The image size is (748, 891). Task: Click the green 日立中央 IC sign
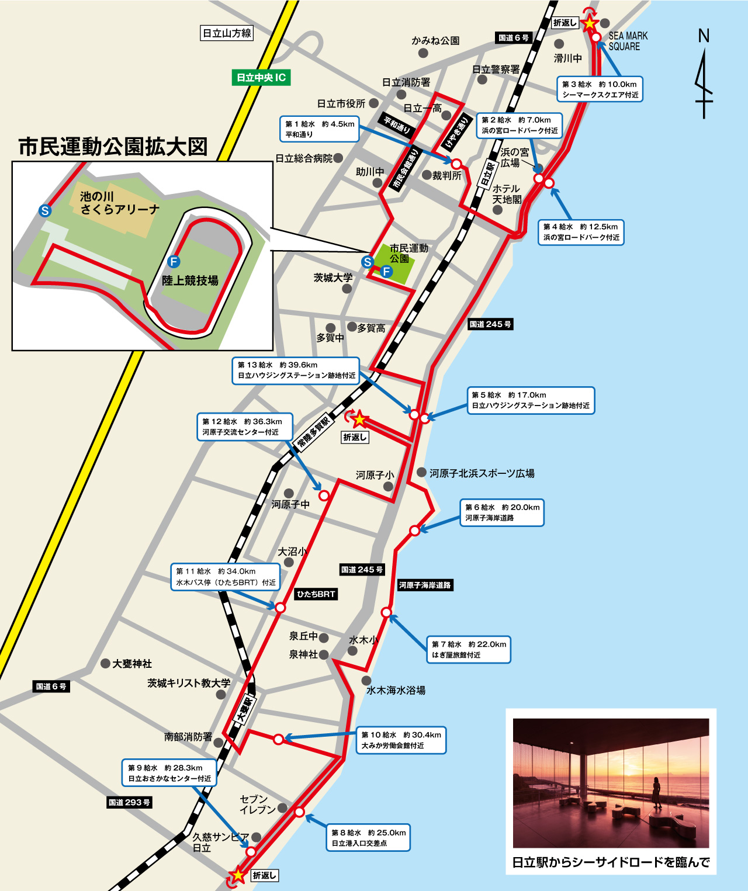(261, 78)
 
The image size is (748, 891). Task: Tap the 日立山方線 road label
(227, 33)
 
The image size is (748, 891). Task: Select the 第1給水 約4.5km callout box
(319, 129)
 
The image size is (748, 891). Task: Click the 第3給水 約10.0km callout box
(600, 89)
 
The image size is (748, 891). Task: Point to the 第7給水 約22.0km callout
(469, 649)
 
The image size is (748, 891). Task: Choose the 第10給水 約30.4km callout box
(401, 740)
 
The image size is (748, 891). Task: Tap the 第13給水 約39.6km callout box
(296, 370)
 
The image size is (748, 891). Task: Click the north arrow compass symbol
(704, 76)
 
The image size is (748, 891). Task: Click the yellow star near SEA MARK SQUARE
(590, 23)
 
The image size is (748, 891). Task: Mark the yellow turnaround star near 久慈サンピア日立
(238, 875)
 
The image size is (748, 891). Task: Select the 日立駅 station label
(487, 174)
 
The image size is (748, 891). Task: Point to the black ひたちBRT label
(316, 594)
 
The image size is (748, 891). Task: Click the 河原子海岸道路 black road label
(425, 585)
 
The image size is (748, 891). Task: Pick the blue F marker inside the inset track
(174, 261)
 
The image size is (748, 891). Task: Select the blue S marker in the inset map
(44, 211)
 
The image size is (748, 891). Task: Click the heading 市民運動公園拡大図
(113, 146)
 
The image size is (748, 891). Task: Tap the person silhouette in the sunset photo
(656, 792)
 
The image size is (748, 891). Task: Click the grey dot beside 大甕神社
(105, 663)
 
